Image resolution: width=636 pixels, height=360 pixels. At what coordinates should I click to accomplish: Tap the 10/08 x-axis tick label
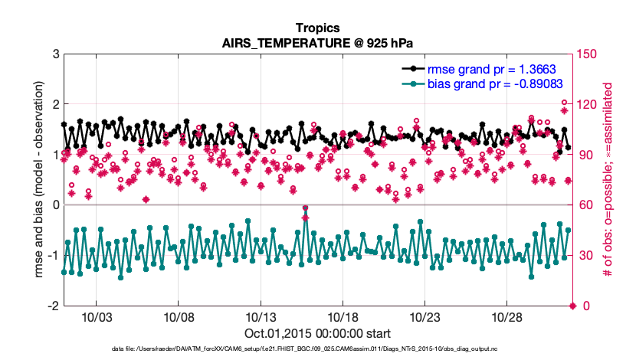pyautogui.click(x=178, y=318)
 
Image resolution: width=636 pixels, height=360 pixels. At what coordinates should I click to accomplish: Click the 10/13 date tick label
pyautogui.click(x=261, y=318)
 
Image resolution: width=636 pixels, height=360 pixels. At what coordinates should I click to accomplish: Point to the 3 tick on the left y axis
pyautogui.click(x=54, y=54)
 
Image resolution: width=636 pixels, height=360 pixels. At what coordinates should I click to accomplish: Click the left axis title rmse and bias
pyautogui.click(x=38, y=180)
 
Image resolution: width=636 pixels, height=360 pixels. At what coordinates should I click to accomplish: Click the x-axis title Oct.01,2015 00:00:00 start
pyautogui.click(x=318, y=334)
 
